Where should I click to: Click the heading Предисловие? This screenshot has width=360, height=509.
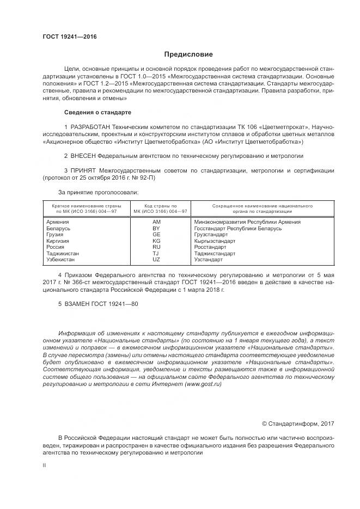[x=189, y=54]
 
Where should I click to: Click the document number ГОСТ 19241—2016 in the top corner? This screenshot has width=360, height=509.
[x=69, y=36]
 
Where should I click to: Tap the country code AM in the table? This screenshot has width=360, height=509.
[x=156, y=222]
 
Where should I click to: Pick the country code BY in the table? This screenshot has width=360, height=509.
[x=156, y=229]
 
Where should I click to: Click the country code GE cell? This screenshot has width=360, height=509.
[x=156, y=235]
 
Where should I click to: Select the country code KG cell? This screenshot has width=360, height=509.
[x=156, y=241]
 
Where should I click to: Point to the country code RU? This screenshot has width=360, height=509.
[x=156, y=247]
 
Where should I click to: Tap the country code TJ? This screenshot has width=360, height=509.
[x=156, y=254]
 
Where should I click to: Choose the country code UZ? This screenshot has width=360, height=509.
[x=156, y=260]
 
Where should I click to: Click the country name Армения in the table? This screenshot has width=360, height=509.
[x=58, y=222]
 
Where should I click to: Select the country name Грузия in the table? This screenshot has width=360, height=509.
[x=56, y=235]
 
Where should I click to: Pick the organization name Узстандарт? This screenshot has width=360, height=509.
[x=209, y=260]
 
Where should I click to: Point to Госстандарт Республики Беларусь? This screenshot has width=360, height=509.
[x=237, y=229]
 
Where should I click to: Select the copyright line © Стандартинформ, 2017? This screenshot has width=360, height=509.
[x=298, y=424]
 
